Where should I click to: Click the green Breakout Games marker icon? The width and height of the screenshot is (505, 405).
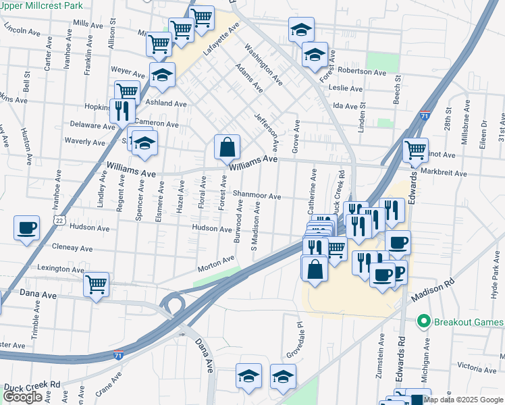pos(424,321)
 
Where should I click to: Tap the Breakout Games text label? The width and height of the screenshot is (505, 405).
pos(468,321)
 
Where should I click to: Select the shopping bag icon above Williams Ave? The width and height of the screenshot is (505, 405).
pos(228,146)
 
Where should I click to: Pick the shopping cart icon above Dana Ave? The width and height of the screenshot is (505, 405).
pos(97,283)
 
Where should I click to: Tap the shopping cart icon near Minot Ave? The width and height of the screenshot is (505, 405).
pos(415,148)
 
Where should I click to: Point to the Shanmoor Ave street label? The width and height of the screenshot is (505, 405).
pos(257,196)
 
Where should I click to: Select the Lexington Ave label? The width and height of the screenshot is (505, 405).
pos(60,269)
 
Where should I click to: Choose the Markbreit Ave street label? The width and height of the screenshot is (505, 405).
pos(442,173)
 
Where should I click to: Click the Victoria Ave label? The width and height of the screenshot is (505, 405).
pos(476,368)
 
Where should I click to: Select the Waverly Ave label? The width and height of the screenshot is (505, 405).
pos(84,142)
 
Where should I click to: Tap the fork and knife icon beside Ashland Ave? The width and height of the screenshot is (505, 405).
pos(122,109)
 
